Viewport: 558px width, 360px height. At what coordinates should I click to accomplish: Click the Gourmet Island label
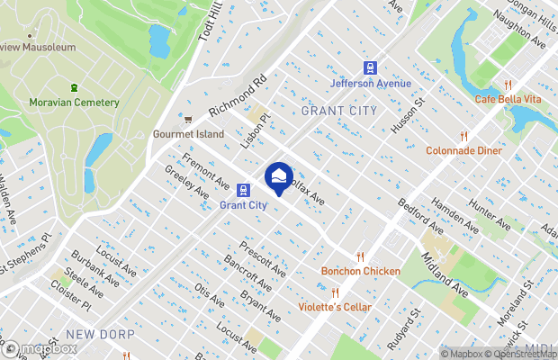187,134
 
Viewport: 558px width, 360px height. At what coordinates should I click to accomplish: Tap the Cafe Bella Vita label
508,98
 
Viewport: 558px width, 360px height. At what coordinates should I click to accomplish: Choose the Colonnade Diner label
463,150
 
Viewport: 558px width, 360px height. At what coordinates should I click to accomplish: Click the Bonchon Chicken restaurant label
360,271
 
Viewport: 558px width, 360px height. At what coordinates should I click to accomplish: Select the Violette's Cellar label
335,307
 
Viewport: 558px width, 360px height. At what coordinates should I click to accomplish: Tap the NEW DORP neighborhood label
100,334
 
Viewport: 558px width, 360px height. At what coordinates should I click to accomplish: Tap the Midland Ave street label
446,275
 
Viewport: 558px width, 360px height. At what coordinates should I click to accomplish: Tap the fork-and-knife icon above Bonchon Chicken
360,257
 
